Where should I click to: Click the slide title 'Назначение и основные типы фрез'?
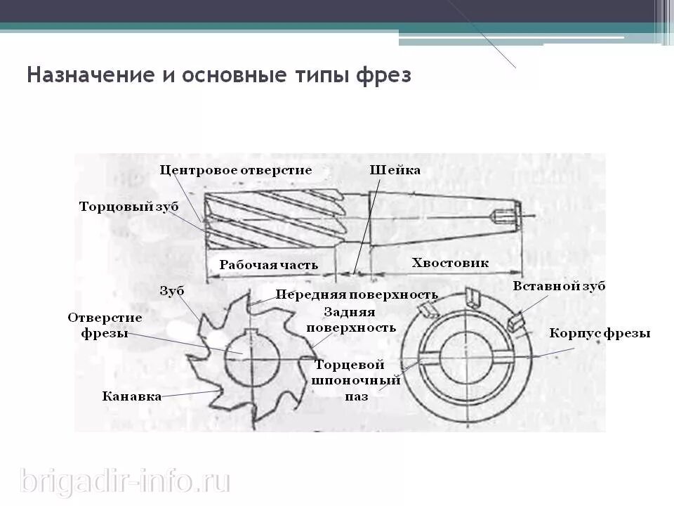coord(218,74)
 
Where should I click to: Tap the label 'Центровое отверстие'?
coord(235,170)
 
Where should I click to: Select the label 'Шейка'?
coord(395,170)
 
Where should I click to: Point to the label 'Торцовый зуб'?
coord(128,207)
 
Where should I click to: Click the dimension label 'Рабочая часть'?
coord(268,265)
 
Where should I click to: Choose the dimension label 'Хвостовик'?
coord(450,263)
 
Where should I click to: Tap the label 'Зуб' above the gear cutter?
coord(171,290)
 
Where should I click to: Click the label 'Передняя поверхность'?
coord(356,294)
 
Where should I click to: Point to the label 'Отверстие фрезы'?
coord(105,325)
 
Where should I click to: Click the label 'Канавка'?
coord(132,396)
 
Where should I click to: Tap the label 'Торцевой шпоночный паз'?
coord(357,380)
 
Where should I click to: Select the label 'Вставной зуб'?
coord(559,287)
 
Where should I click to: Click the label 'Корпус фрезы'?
coord(600,333)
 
